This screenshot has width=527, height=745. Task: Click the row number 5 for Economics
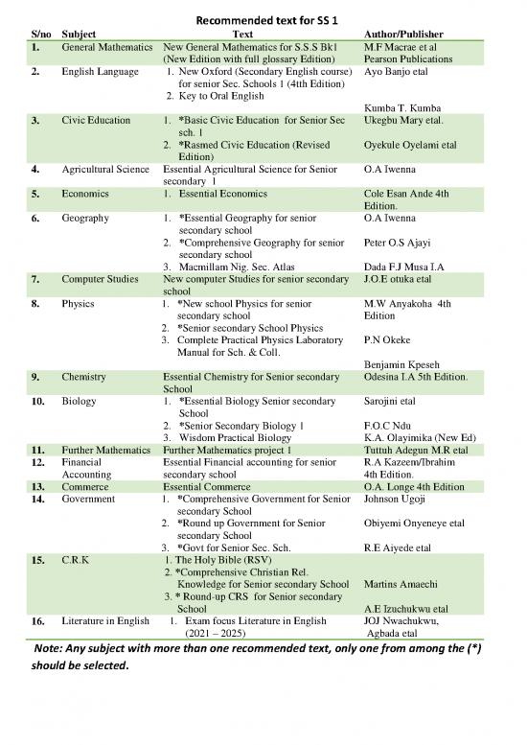[35, 194]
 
